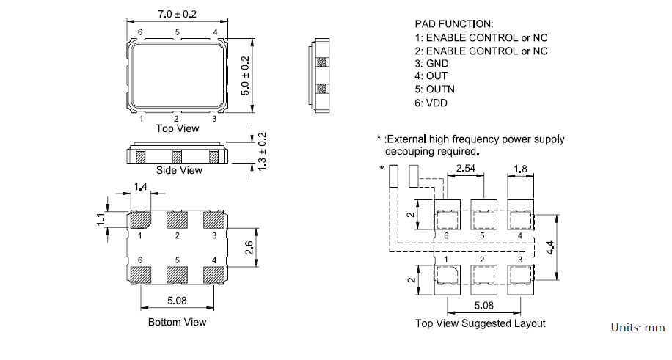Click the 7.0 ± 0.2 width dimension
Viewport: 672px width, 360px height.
point(177,15)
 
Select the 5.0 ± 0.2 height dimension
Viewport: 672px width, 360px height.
point(246,73)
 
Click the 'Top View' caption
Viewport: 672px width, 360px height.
point(177,128)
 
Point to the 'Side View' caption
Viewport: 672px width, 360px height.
point(179,171)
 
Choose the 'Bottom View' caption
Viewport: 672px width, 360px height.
point(177,322)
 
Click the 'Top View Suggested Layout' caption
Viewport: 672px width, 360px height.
point(481,323)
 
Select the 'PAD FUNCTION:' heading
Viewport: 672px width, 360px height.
point(454,24)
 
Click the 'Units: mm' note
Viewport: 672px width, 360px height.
point(638,328)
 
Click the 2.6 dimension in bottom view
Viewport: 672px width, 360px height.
point(248,249)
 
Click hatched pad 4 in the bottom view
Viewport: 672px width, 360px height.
point(213,275)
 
